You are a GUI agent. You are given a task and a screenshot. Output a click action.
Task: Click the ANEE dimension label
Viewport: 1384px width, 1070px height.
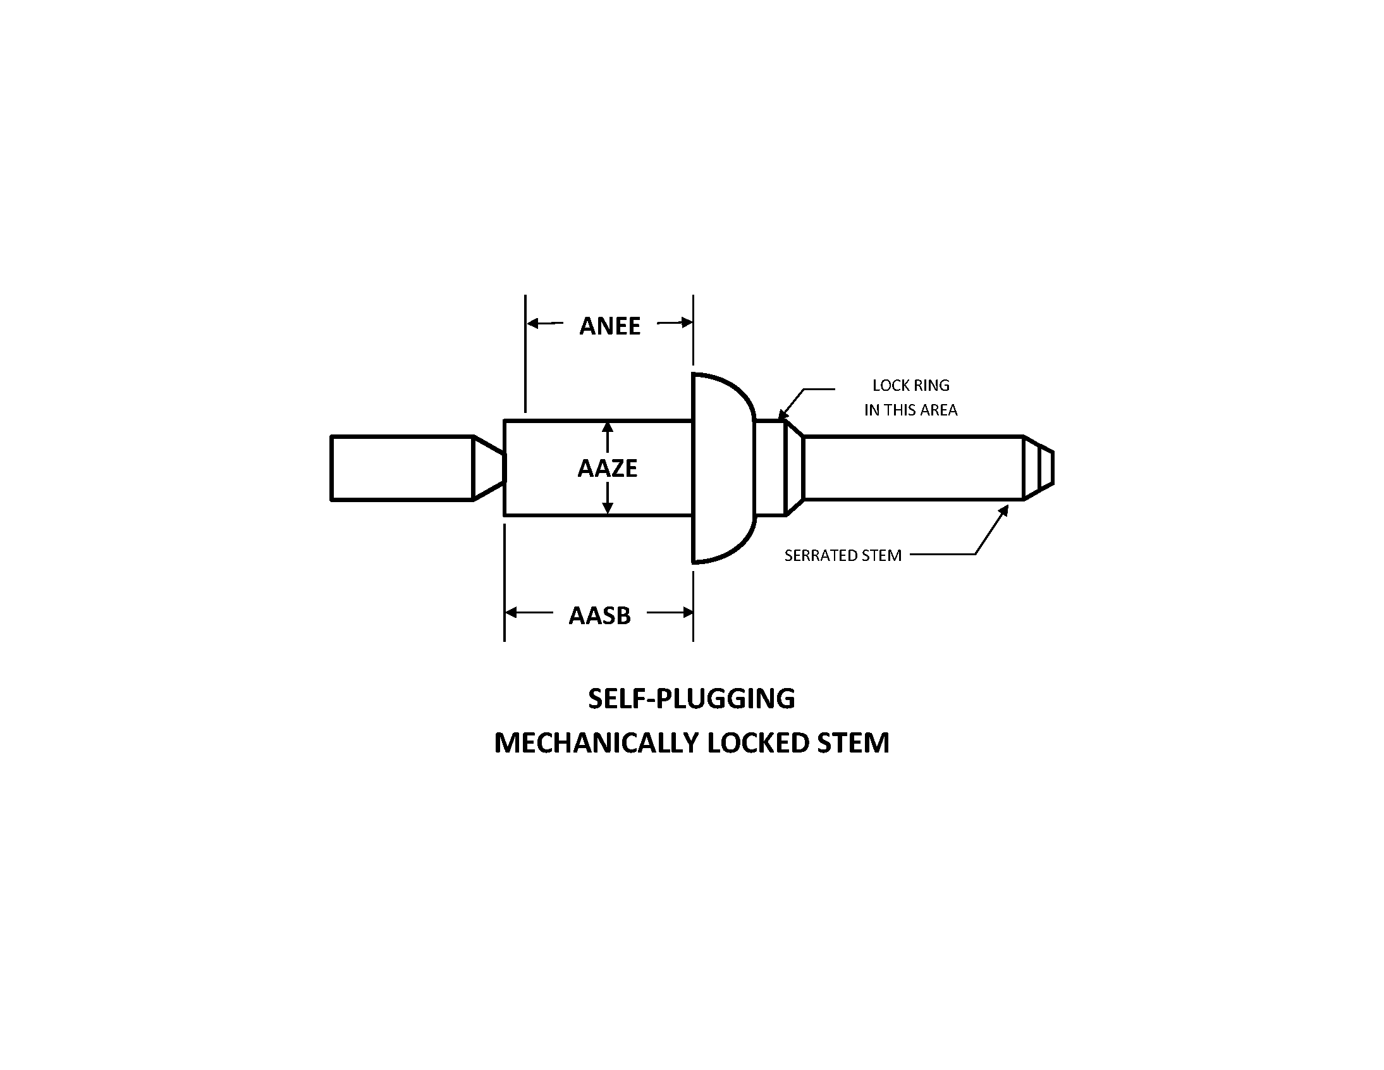[x=609, y=326]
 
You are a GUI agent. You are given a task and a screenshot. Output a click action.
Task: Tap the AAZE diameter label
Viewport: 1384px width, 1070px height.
[x=607, y=469]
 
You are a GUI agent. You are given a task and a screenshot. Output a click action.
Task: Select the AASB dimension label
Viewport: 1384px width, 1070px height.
[x=599, y=615]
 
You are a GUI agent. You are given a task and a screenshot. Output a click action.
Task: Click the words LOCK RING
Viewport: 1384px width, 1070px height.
[x=910, y=385]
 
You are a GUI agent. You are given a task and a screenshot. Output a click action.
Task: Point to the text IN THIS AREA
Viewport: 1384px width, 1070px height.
[x=910, y=410]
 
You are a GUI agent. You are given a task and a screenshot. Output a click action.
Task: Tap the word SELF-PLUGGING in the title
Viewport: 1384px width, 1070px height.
[x=691, y=699]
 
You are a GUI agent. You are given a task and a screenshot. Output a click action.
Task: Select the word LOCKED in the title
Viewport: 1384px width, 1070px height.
[x=758, y=743]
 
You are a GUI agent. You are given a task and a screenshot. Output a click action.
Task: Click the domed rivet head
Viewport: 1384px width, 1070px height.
[x=723, y=468]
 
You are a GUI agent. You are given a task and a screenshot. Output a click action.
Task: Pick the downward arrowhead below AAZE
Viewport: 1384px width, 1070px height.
[x=607, y=508]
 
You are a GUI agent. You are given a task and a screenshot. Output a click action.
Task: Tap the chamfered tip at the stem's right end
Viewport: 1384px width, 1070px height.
[x=1039, y=468]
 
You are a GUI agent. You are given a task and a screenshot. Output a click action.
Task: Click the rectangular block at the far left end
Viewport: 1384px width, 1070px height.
[x=401, y=468]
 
